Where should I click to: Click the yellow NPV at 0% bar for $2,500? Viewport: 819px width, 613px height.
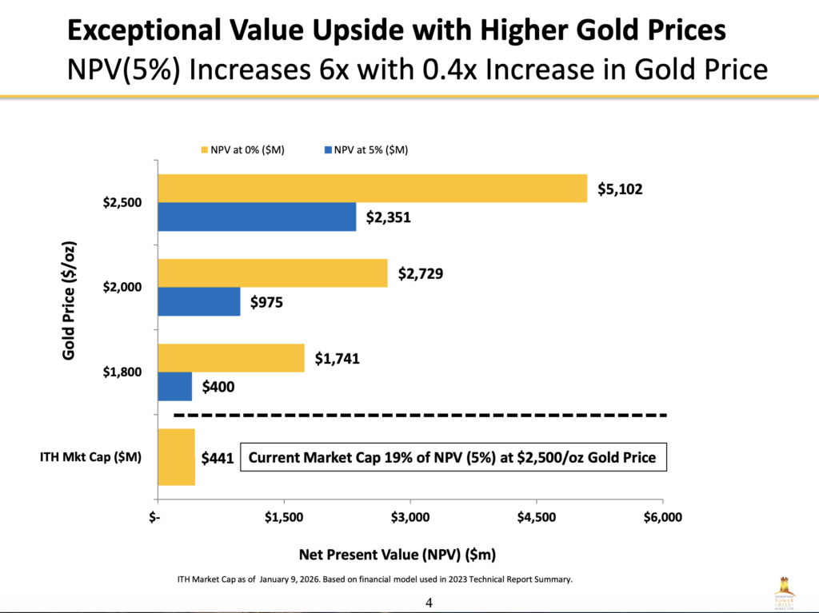coord(372,189)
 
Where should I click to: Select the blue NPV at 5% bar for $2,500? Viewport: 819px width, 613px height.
coord(257,217)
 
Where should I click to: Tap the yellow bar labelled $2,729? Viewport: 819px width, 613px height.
coord(272,273)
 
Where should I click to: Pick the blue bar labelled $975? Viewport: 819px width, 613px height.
coord(198,301)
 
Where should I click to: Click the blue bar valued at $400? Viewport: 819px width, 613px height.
coord(174,386)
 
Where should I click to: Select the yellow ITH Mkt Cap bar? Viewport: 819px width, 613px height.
coord(176,457)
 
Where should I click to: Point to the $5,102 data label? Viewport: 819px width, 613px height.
coord(620,189)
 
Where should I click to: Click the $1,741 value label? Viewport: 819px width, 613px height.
coord(337,359)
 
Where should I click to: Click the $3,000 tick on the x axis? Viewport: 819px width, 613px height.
coord(410,517)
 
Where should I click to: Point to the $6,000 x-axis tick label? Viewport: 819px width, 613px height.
coord(662,517)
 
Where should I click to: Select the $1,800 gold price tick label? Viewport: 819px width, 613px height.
coord(122,372)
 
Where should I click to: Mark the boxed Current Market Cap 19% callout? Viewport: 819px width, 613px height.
coord(453,458)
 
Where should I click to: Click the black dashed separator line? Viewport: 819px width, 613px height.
coord(420,416)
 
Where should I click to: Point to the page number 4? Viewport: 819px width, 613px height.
coord(429,600)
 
